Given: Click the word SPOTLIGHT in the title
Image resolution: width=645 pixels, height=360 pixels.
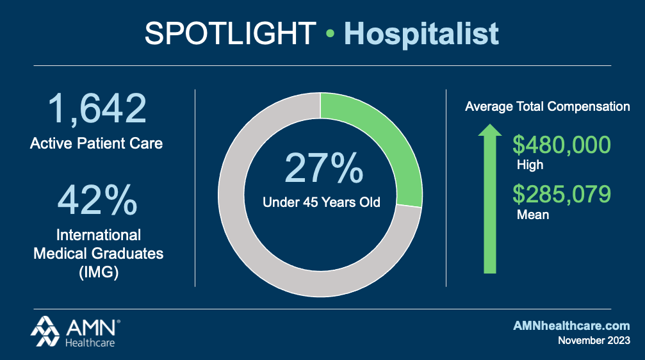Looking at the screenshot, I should (x=230, y=33).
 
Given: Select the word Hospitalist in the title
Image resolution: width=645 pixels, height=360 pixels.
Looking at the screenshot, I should (x=421, y=33).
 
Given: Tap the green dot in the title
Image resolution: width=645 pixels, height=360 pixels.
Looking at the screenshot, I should (x=330, y=35).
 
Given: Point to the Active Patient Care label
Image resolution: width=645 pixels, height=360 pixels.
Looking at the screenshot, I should (x=96, y=143).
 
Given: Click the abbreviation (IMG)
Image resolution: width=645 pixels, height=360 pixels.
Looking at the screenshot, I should (x=98, y=273).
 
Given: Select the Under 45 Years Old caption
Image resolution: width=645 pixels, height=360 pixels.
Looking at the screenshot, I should (x=322, y=202).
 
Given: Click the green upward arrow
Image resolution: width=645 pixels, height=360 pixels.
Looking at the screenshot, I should (x=490, y=199).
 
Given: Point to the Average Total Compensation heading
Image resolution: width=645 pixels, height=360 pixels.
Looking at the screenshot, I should (x=548, y=107).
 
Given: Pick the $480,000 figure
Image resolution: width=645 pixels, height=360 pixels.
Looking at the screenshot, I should (x=562, y=145).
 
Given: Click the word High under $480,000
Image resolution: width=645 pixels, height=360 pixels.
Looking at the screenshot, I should (x=530, y=165).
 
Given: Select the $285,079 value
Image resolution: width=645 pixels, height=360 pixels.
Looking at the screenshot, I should (x=562, y=194).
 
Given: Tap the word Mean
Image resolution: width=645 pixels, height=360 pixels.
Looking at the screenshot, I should (x=533, y=215).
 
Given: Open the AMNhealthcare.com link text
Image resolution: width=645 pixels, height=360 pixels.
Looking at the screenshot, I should (x=571, y=326).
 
